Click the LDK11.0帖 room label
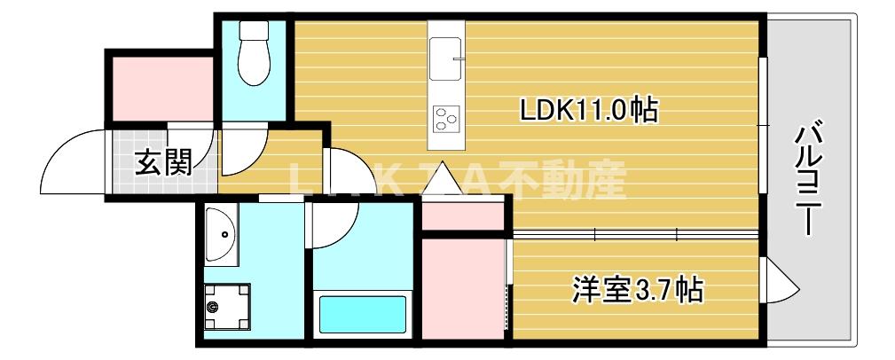pyautogui.click(x=587, y=110)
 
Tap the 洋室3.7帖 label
pyautogui.click(x=638, y=288)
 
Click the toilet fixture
pyautogui.click(x=255, y=54)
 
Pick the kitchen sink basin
pyautogui.click(x=447, y=57)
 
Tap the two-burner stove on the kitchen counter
pyautogui.click(x=445, y=116)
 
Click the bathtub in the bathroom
pyautogui.click(x=362, y=314)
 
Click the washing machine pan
pyautogui.click(x=226, y=305)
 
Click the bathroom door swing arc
pyautogui.click(x=334, y=226)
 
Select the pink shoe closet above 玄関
pyautogui.click(x=161, y=87)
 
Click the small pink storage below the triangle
pyautogui.click(x=461, y=215)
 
